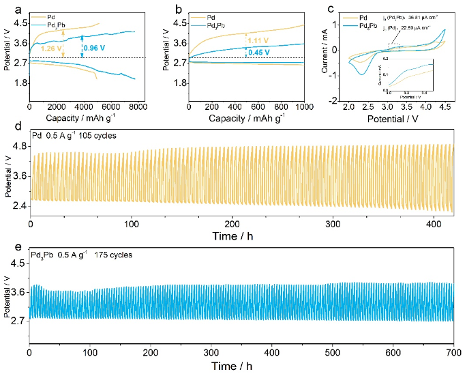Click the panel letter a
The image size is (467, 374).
[x=8, y=9]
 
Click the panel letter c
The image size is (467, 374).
[x=331, y=9]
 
